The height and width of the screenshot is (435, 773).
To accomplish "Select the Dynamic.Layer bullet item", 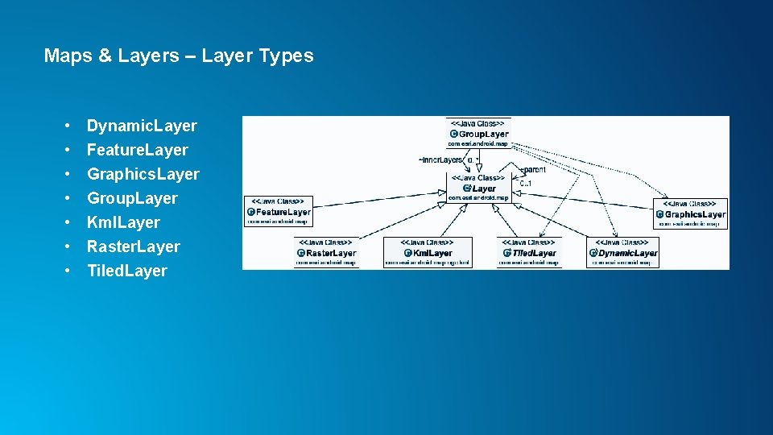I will [x=142, y=126].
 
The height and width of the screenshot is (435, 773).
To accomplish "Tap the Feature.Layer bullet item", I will [x=137, y=150].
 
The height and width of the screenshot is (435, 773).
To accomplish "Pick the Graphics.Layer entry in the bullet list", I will [x=143, y=174].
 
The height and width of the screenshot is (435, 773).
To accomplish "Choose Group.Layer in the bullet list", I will [x=132, y=198].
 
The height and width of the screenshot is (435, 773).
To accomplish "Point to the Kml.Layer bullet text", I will [x=123, y=222].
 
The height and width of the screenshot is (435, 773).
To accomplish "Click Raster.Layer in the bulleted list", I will [x=133, y=246].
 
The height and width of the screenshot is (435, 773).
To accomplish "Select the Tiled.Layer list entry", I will [x=126, y=271].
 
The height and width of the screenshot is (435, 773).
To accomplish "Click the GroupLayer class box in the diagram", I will [x=478, y=133].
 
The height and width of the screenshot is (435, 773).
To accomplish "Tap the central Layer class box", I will [x=478, y=188].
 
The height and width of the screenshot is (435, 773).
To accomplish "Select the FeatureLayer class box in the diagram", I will [x=278, y=211].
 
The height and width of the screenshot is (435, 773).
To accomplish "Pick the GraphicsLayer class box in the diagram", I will [x=691, y=213].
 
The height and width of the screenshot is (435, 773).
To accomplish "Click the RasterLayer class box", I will [x=325, y=252].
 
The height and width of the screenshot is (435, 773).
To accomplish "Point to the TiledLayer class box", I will [x=529, y=252].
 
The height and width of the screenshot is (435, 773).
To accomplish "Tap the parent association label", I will [x=533, y=169].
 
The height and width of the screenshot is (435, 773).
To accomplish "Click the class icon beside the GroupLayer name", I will [x=453, y=134].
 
